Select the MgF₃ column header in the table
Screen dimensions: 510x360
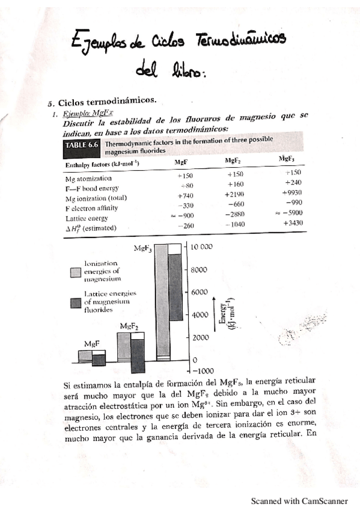point(287,159)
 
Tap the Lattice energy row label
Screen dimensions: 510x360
point(86,218)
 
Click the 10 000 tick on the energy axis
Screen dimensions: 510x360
point(202,247)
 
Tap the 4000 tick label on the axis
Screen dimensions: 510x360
point(199,315)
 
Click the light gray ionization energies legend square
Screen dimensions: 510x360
point(76,272)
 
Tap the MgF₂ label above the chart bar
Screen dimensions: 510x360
point(129,326)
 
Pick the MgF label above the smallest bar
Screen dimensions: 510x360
point(91,343)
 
